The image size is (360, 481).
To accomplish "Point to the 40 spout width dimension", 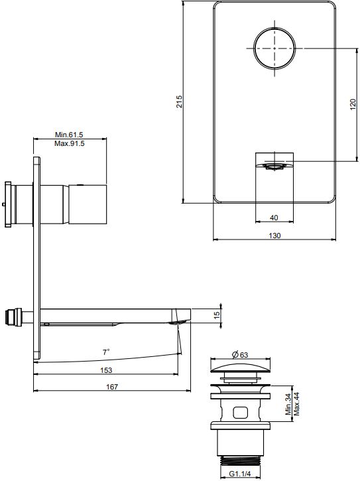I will tap(274, 217).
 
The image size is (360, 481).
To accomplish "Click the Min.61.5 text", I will tap(70, 135).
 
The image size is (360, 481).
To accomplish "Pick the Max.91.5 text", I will tap(70, 144).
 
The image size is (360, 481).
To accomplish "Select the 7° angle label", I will tap(106, 352).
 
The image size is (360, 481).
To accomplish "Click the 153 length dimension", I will tap(106, 370).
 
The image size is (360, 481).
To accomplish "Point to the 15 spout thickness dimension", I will tap(216, 316).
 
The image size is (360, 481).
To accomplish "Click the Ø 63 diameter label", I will tap(241, 354).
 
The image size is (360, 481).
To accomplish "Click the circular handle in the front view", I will tap(274, 48).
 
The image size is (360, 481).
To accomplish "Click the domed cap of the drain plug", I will tap(241, 368).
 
